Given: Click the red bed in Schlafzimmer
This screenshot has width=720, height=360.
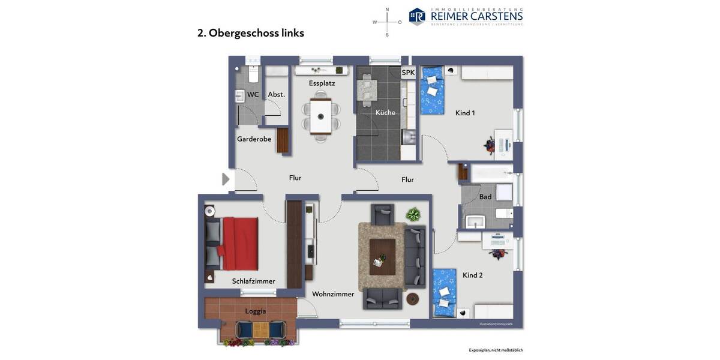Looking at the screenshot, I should point(239,244).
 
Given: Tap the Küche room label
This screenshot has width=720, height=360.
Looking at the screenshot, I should point(385,112).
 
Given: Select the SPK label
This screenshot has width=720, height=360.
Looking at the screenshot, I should point(408,73).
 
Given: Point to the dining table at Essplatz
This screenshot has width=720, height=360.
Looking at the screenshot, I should point(320,116).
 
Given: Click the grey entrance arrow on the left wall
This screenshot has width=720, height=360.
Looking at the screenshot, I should point(226,179).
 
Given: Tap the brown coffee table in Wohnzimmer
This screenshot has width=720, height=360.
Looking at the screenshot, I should point(382,256).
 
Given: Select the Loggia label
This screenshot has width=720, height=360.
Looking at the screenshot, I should point(255,311).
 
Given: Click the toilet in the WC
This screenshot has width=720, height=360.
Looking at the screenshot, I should point(253,74).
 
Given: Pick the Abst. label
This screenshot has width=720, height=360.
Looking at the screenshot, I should point(276,94).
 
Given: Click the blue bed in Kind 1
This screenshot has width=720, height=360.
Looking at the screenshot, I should point(431,91).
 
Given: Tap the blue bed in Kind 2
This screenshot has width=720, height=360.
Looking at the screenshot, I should point(444,292).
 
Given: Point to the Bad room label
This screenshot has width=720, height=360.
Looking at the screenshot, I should point(485,197).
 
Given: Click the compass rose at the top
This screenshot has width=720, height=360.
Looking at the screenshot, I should point(387,22).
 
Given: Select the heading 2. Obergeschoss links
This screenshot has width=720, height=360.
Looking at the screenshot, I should point(251,33).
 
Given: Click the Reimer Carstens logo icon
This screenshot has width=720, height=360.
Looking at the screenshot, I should point(417,16).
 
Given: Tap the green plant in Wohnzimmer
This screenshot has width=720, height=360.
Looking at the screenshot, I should point(413,214).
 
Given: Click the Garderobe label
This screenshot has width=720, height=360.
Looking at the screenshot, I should point(254,139).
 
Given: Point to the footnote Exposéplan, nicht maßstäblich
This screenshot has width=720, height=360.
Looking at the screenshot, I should point(496,350).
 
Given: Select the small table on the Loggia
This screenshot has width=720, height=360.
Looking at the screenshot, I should point(260,329).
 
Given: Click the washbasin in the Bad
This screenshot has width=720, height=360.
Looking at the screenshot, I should point(475,222).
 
